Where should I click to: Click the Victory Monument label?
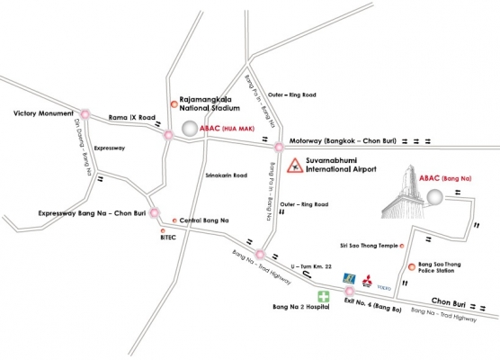[x=43, y=113]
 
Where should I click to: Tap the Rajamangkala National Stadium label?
[x=211, y=106]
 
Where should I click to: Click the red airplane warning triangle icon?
[x=294, y=165]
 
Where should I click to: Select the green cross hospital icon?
[x=321, y=296]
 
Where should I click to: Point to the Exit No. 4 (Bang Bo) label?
[x=375, y=309]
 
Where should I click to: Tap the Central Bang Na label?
[x=204, y=220]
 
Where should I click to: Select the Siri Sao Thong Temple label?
[x=367, y=244]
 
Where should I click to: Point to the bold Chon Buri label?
[x=456, y=300]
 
